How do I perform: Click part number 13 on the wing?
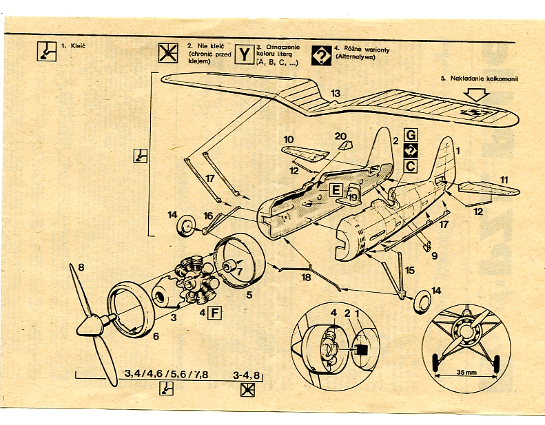(x=335, y=93)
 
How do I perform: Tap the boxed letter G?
(x=410, y=134)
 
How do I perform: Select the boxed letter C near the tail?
(x=410, y=166)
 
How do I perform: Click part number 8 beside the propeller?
(x=81, y=267)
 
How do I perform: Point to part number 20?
(x=340, y=136)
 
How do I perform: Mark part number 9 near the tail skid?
(x=434, y=256)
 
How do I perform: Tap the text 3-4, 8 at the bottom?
(x=247, y=375)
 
